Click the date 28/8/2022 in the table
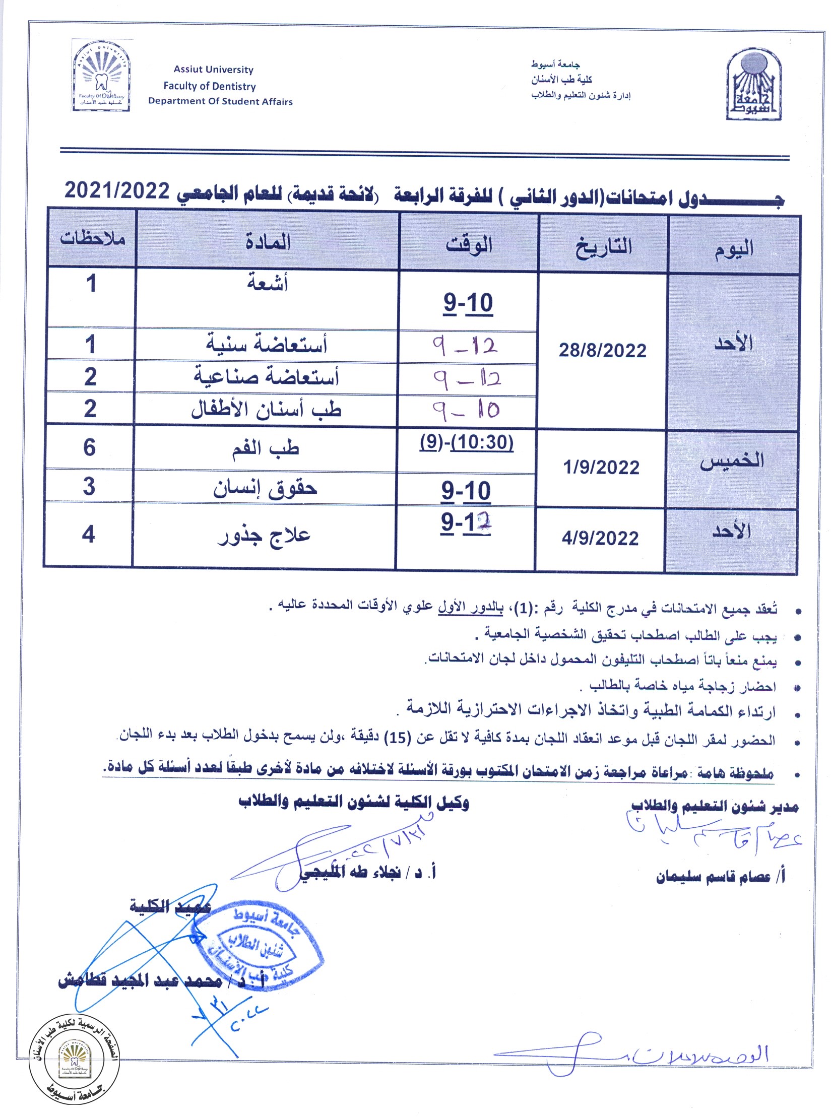point(602,350)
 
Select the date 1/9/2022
point(601,468)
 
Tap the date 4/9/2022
point(600,538)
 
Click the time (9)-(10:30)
point(466,442)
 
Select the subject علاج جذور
point(265,536)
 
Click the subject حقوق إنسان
point(265,488)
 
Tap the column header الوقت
point(469,245)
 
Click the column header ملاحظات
point(93,238)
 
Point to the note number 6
point(89,447)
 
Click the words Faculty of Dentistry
point(210,86)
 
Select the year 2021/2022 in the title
point(117,191)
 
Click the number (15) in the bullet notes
point(398,739)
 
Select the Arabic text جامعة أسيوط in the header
point(555,64)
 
